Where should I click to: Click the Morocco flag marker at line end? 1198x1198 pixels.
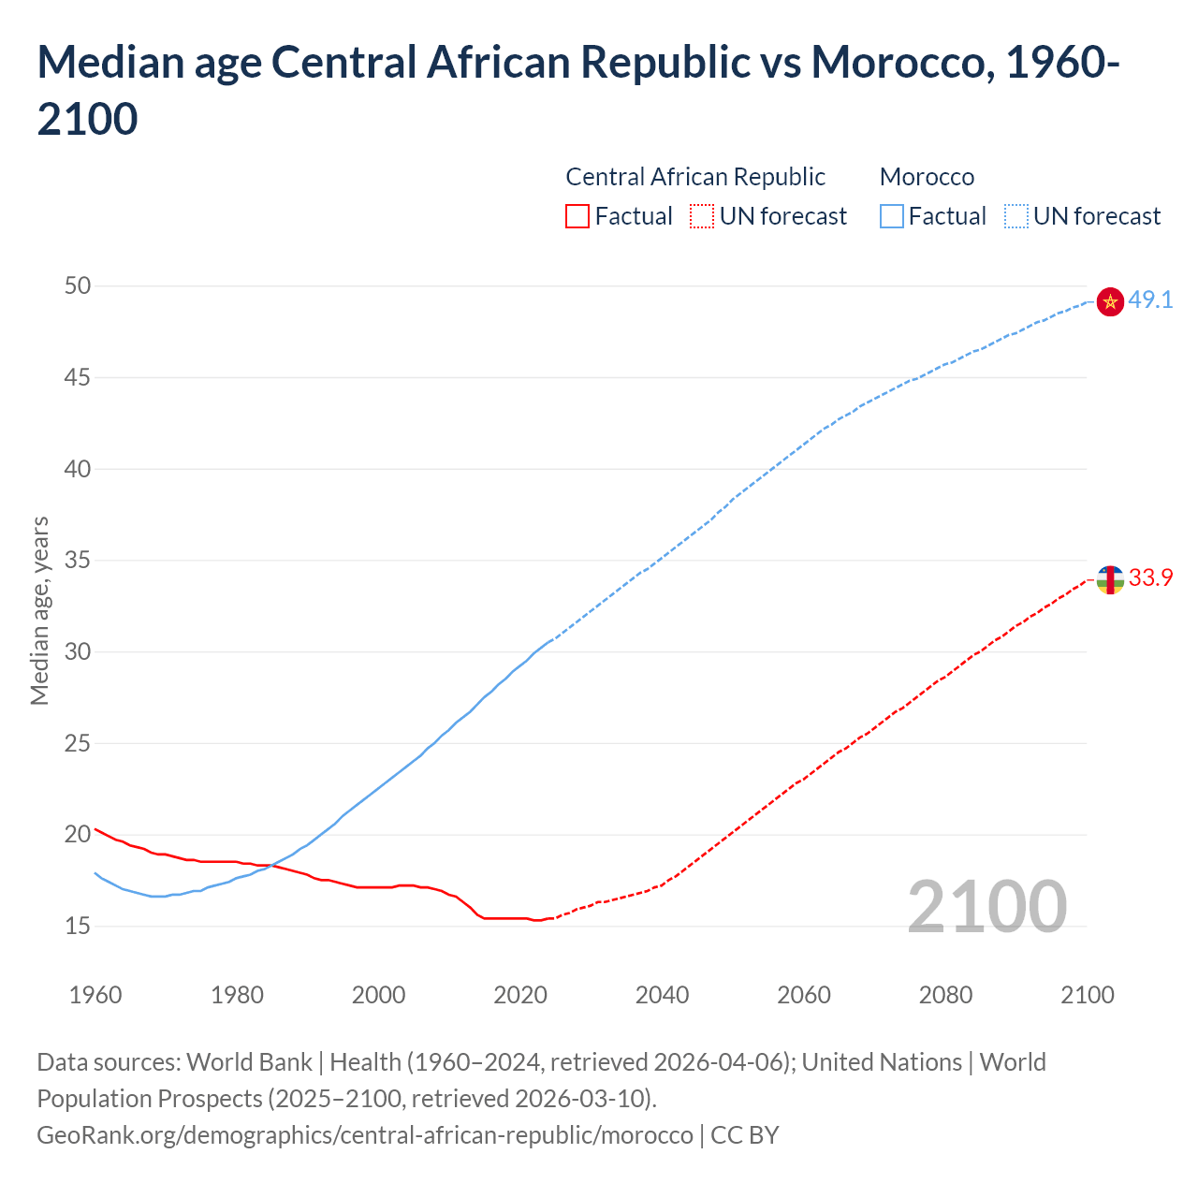point(1109,301)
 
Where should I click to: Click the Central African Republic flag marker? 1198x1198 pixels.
point(1109,580)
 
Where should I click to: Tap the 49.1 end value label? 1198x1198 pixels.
point(1150,300)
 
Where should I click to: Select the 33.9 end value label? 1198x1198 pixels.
point(1150,578)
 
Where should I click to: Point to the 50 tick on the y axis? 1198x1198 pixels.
point(78,286)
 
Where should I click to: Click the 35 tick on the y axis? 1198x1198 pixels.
point(78,562)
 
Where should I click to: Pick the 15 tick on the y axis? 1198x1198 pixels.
point(78,927)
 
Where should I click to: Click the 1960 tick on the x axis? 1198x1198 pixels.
point(95,995)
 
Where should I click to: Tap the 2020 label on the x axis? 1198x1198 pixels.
point(520,995)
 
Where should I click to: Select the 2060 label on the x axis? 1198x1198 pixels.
point(804,995)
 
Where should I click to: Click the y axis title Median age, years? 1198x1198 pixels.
point(39,610)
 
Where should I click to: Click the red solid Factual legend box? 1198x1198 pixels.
point(577,217)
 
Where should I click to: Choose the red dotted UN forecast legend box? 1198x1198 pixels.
point(702,217)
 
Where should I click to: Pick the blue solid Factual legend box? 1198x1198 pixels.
point(892,217)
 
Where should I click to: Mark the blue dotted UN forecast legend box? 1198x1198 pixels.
point(1016,217)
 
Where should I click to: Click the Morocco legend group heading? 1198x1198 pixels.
point(927,177)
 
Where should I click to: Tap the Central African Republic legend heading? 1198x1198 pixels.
point(695,177)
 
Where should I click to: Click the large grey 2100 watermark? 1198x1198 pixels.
point(986,907)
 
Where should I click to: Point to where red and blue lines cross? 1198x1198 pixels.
point(270,866)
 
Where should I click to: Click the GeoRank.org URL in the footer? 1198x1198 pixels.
point(365,1135)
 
